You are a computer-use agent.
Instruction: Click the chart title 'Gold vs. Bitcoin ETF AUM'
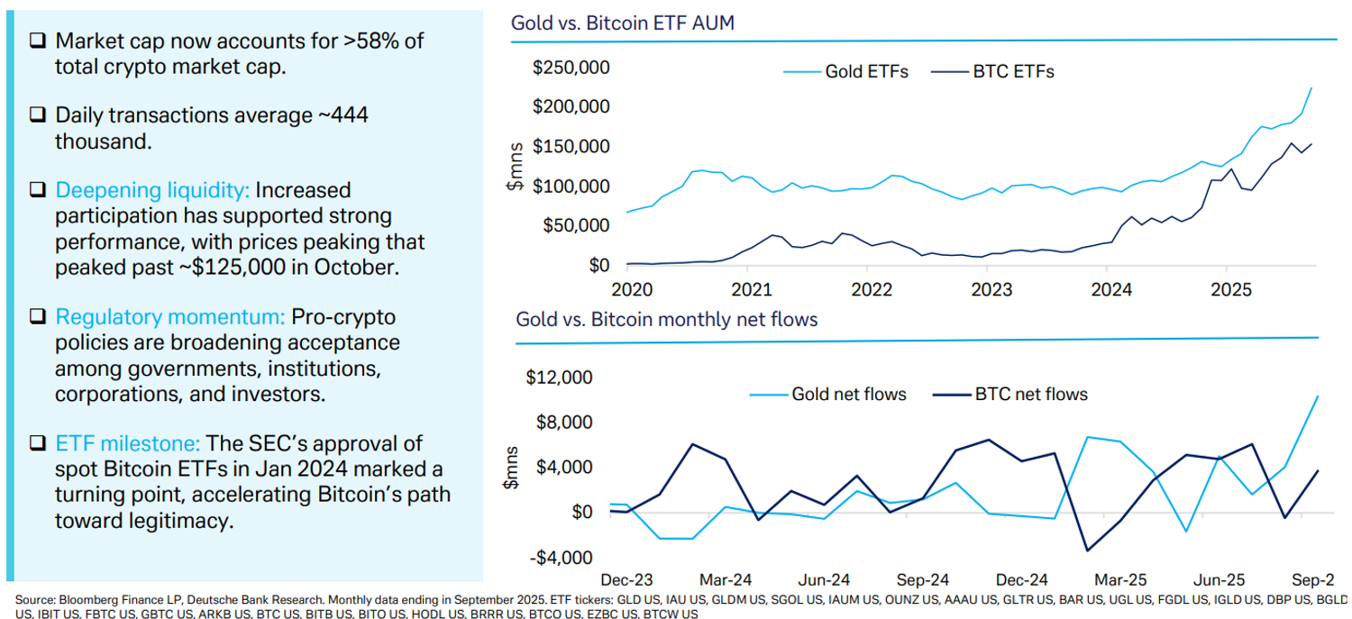pos(623,23)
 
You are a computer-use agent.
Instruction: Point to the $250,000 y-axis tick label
pos(571,68)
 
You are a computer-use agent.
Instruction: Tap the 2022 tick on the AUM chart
pos(866,291)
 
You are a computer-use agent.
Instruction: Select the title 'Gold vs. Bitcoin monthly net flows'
pos(666,319)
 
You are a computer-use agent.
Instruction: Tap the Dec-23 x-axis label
pos(626,579)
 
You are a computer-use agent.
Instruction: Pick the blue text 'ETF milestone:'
pos(127,443)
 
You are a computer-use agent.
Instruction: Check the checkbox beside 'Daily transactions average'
pos(37,116)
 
